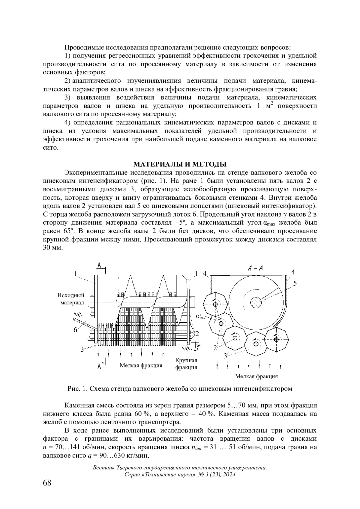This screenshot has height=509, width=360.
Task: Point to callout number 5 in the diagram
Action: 295,283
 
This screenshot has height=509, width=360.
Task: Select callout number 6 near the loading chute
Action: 75,329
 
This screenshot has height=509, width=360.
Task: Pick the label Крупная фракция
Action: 186,364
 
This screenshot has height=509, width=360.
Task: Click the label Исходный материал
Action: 71,299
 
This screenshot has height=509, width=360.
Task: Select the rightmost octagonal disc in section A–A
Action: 276,339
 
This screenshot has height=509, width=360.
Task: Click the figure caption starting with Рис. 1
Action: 180,389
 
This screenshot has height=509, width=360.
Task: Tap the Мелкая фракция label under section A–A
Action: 256,376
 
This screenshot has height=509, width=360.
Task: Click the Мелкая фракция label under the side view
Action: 141,365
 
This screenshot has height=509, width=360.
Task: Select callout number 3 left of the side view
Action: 82,349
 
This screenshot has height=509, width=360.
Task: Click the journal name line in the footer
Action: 180,468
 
